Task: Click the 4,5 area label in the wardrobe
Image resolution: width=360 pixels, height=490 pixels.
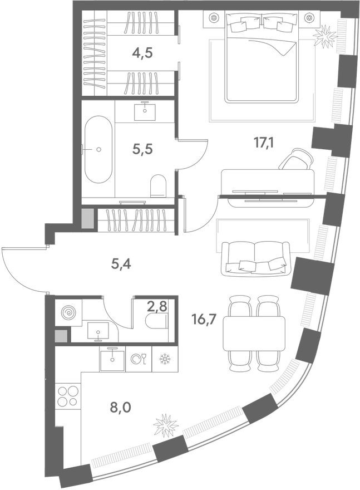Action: (142, 53)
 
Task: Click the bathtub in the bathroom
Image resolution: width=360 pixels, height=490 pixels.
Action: (98, 149)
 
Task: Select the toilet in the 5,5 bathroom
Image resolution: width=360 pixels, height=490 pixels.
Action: (159, 185)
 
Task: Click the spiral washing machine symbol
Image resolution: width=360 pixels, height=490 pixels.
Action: (69, 313)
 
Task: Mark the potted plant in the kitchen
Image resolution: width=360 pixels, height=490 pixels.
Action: (165, 426)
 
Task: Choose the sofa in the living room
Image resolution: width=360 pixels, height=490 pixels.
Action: (255, 258)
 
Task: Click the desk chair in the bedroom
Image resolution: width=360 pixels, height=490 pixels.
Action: (296, 159)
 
